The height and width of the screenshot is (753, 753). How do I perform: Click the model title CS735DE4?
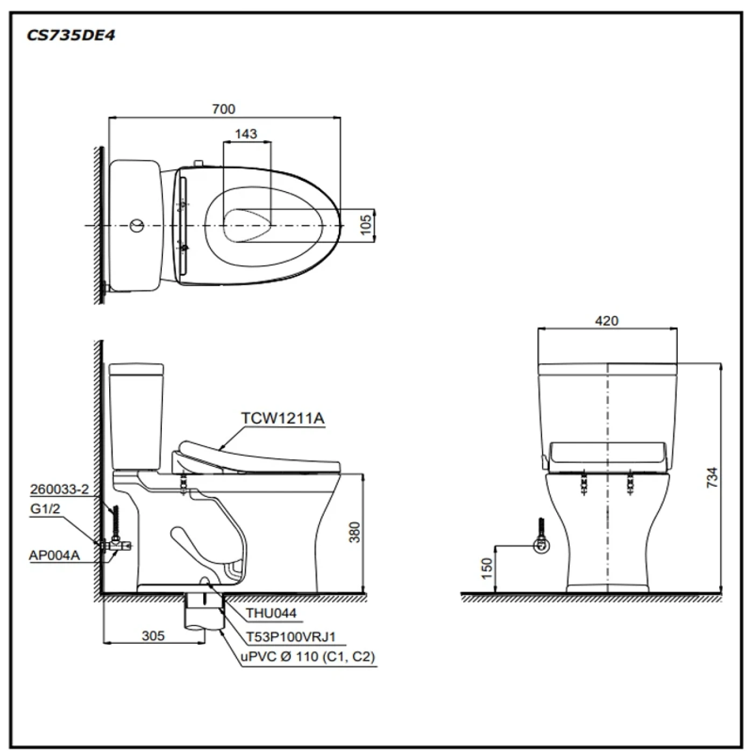click(x=70, y=35)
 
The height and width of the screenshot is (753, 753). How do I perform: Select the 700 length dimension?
click(x=223, y=109)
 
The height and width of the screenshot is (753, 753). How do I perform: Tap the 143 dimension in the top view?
click(x=246, y=134)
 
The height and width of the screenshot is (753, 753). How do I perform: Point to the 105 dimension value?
click(x=366, y=225)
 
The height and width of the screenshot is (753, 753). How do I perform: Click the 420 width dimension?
click(x=607, y=321)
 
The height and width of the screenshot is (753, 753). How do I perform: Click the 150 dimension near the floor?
click(x=486, y=569)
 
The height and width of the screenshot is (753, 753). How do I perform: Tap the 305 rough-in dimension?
click(x=153, y=636)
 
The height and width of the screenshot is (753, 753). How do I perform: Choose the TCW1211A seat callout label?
click(x=282, y=418)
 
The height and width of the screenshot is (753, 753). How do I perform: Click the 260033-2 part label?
click(x=59, y=489)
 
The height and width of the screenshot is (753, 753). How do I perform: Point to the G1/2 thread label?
click(x=45, y=509)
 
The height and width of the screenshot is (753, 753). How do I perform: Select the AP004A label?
click(x=54, y=555)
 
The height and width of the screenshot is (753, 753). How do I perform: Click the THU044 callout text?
click(x=271, y=613)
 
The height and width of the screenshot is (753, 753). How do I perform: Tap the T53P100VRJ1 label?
click(x=291, y=637)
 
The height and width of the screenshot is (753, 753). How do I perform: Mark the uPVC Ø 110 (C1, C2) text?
click(x=308, y=657)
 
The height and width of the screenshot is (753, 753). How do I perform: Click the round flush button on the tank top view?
click(x=137, y=225)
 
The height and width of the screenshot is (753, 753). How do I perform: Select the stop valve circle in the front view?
click(x=542, y=545)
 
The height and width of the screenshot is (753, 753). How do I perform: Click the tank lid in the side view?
click(x=136, y=369)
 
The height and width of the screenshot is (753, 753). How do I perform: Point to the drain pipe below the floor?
click(x=204, y=613)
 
